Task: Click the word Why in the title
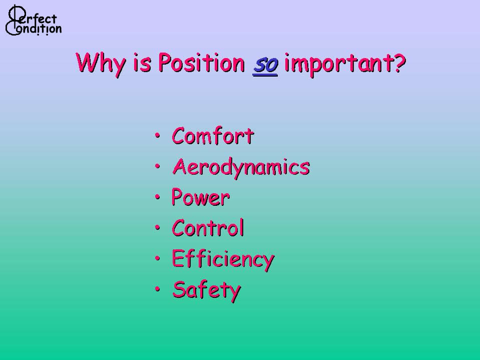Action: click(101, 64)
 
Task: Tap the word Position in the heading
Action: click(201, 63)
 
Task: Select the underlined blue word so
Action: click(265, 65)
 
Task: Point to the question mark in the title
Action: click(400, 63)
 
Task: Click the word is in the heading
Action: click(142, 64)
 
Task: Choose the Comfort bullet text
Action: click(213, 136)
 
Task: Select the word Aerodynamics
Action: click(241, 168)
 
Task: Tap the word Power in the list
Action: click(201, 197)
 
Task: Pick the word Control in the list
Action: click(208, 228)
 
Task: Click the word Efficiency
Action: click(223, 259)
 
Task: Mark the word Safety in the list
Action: click(207, 290)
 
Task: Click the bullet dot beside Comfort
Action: click(157, 135)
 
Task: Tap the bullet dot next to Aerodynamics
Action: click(157, 166)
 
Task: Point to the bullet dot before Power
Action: click(157, 197)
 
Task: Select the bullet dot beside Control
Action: click(157, 227)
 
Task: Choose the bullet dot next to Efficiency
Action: click(157, 258)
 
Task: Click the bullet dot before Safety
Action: click(157, 289)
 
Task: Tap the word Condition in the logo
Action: click(34, 29)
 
